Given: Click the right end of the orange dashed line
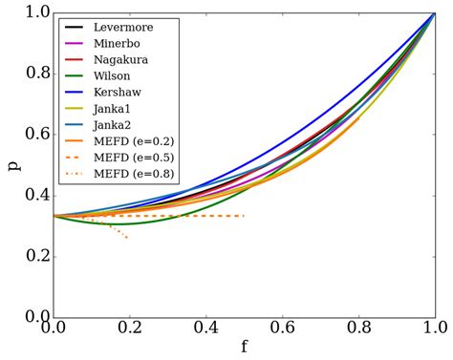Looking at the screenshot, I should (x=245, y=216).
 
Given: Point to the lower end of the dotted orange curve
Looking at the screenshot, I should (x=127, y=238).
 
